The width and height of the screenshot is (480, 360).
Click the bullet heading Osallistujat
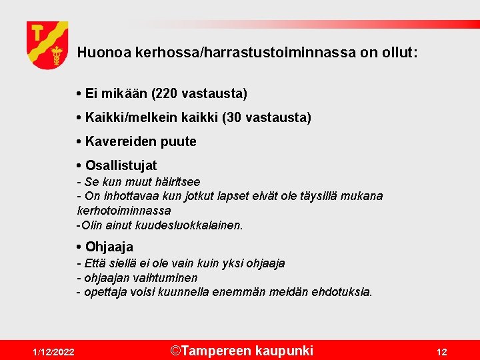tap(121, 165)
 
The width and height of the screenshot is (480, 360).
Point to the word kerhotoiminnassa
tap(124, 210)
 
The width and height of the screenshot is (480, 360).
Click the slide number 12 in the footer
tap(441, 352)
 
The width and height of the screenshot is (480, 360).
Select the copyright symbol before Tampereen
tap(175, 350)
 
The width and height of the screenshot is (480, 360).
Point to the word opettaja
tap(105, 292)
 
